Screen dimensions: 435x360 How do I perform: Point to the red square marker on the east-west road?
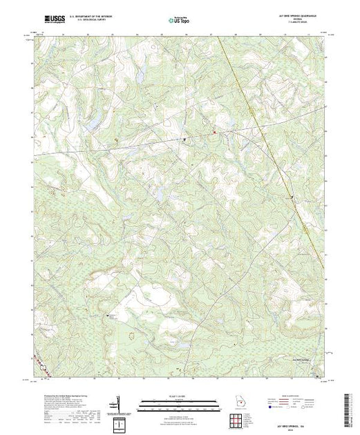click(214, 132)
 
